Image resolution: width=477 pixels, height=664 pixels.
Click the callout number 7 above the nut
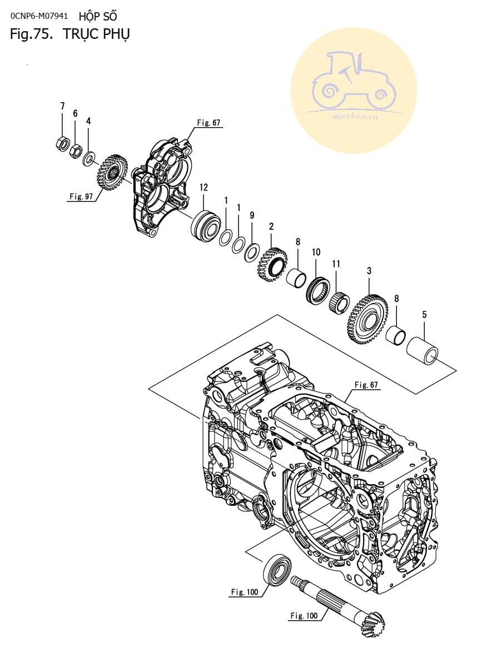coord(63,107)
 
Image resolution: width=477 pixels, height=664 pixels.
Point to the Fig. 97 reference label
coord(81,197)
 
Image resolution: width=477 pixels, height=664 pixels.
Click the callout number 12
coord(203,187)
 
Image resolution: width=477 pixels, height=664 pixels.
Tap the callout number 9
coord(252,215)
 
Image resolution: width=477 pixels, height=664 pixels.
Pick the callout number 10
coord(316,252)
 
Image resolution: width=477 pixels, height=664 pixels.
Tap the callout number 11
coord(336,264)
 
